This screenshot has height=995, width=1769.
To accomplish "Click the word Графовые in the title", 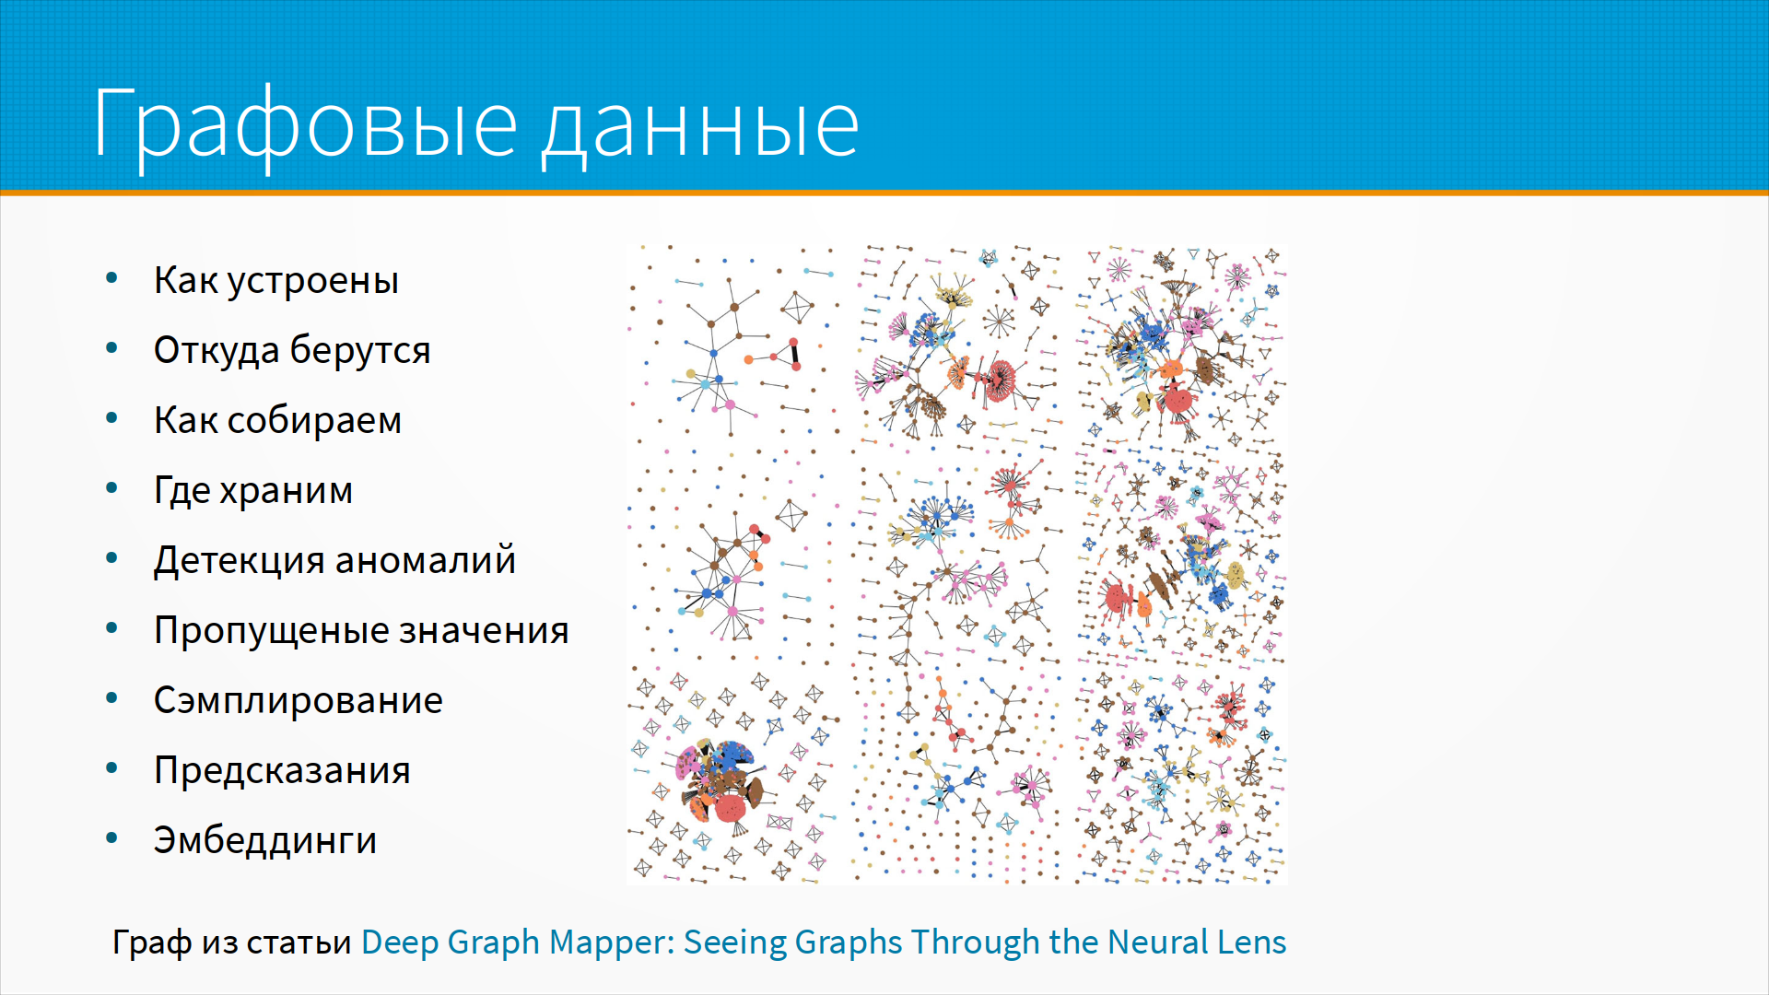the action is coord(305,124).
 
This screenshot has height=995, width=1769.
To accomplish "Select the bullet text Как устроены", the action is coord(276,280).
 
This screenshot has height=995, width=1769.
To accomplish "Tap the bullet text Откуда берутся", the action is coord(292,350).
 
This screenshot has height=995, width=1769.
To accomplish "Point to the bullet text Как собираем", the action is coord(277,420).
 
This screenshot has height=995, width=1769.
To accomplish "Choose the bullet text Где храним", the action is coord(253,490).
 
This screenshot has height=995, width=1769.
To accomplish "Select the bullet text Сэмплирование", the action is coord(299,700).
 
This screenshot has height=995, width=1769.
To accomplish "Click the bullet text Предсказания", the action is coord(282,770).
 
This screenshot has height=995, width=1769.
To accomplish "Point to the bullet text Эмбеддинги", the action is coord(265,840).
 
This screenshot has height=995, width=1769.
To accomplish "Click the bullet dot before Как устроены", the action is coord(112,277).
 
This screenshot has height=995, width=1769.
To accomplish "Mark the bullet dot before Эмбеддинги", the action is coord(112,837).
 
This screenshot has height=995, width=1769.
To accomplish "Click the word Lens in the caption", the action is coord(1251,942).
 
